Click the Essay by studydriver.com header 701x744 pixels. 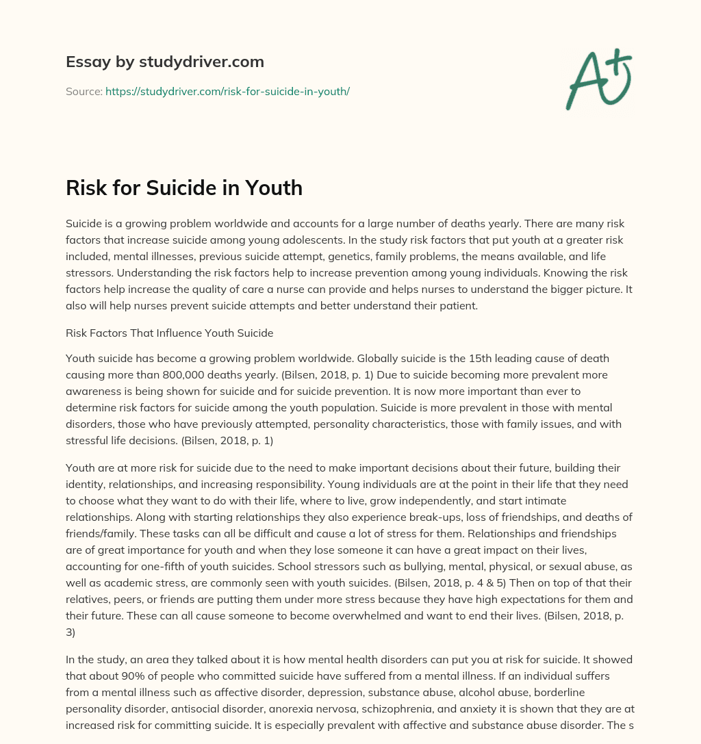coord(164,62)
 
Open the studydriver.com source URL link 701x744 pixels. coord(227,91)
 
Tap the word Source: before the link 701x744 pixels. coord(84,91)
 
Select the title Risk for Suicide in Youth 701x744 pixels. coord(183,188)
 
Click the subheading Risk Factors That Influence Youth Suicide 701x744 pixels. coord(169,333)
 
